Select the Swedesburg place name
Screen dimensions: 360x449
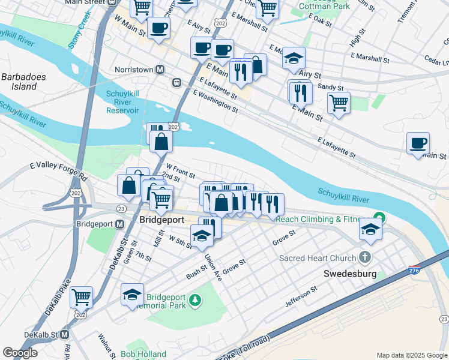349,274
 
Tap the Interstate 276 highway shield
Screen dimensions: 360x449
414,271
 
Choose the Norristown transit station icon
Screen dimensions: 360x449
160,70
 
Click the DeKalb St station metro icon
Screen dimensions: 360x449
64,334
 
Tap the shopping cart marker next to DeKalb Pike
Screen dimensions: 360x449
81,296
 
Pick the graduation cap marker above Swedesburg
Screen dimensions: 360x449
370,229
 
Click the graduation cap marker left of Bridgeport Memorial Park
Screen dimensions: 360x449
132,294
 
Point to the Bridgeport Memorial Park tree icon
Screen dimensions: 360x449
194,299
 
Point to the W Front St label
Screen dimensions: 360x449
181,171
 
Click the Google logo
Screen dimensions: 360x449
20,353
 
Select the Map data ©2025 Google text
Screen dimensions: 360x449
411,355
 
